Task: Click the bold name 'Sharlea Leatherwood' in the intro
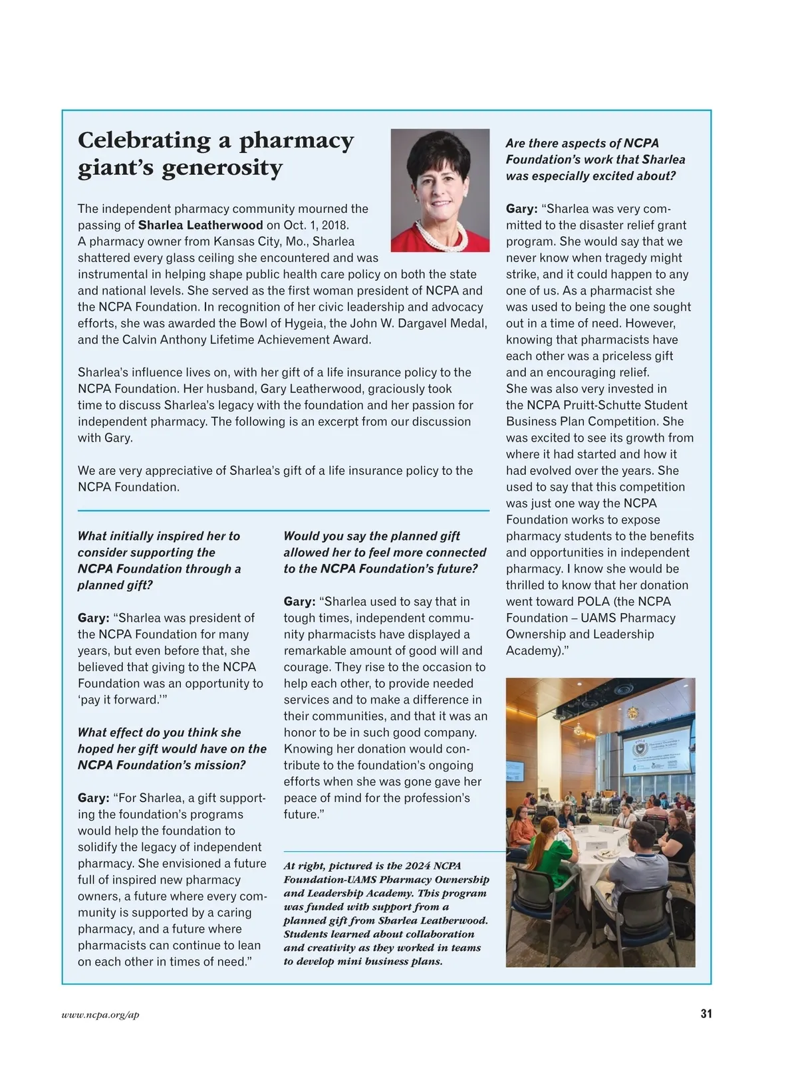click(x=200, y=225)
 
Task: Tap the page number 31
click(x=706, y=1013)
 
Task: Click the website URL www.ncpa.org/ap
click(x=100, y=1015)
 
